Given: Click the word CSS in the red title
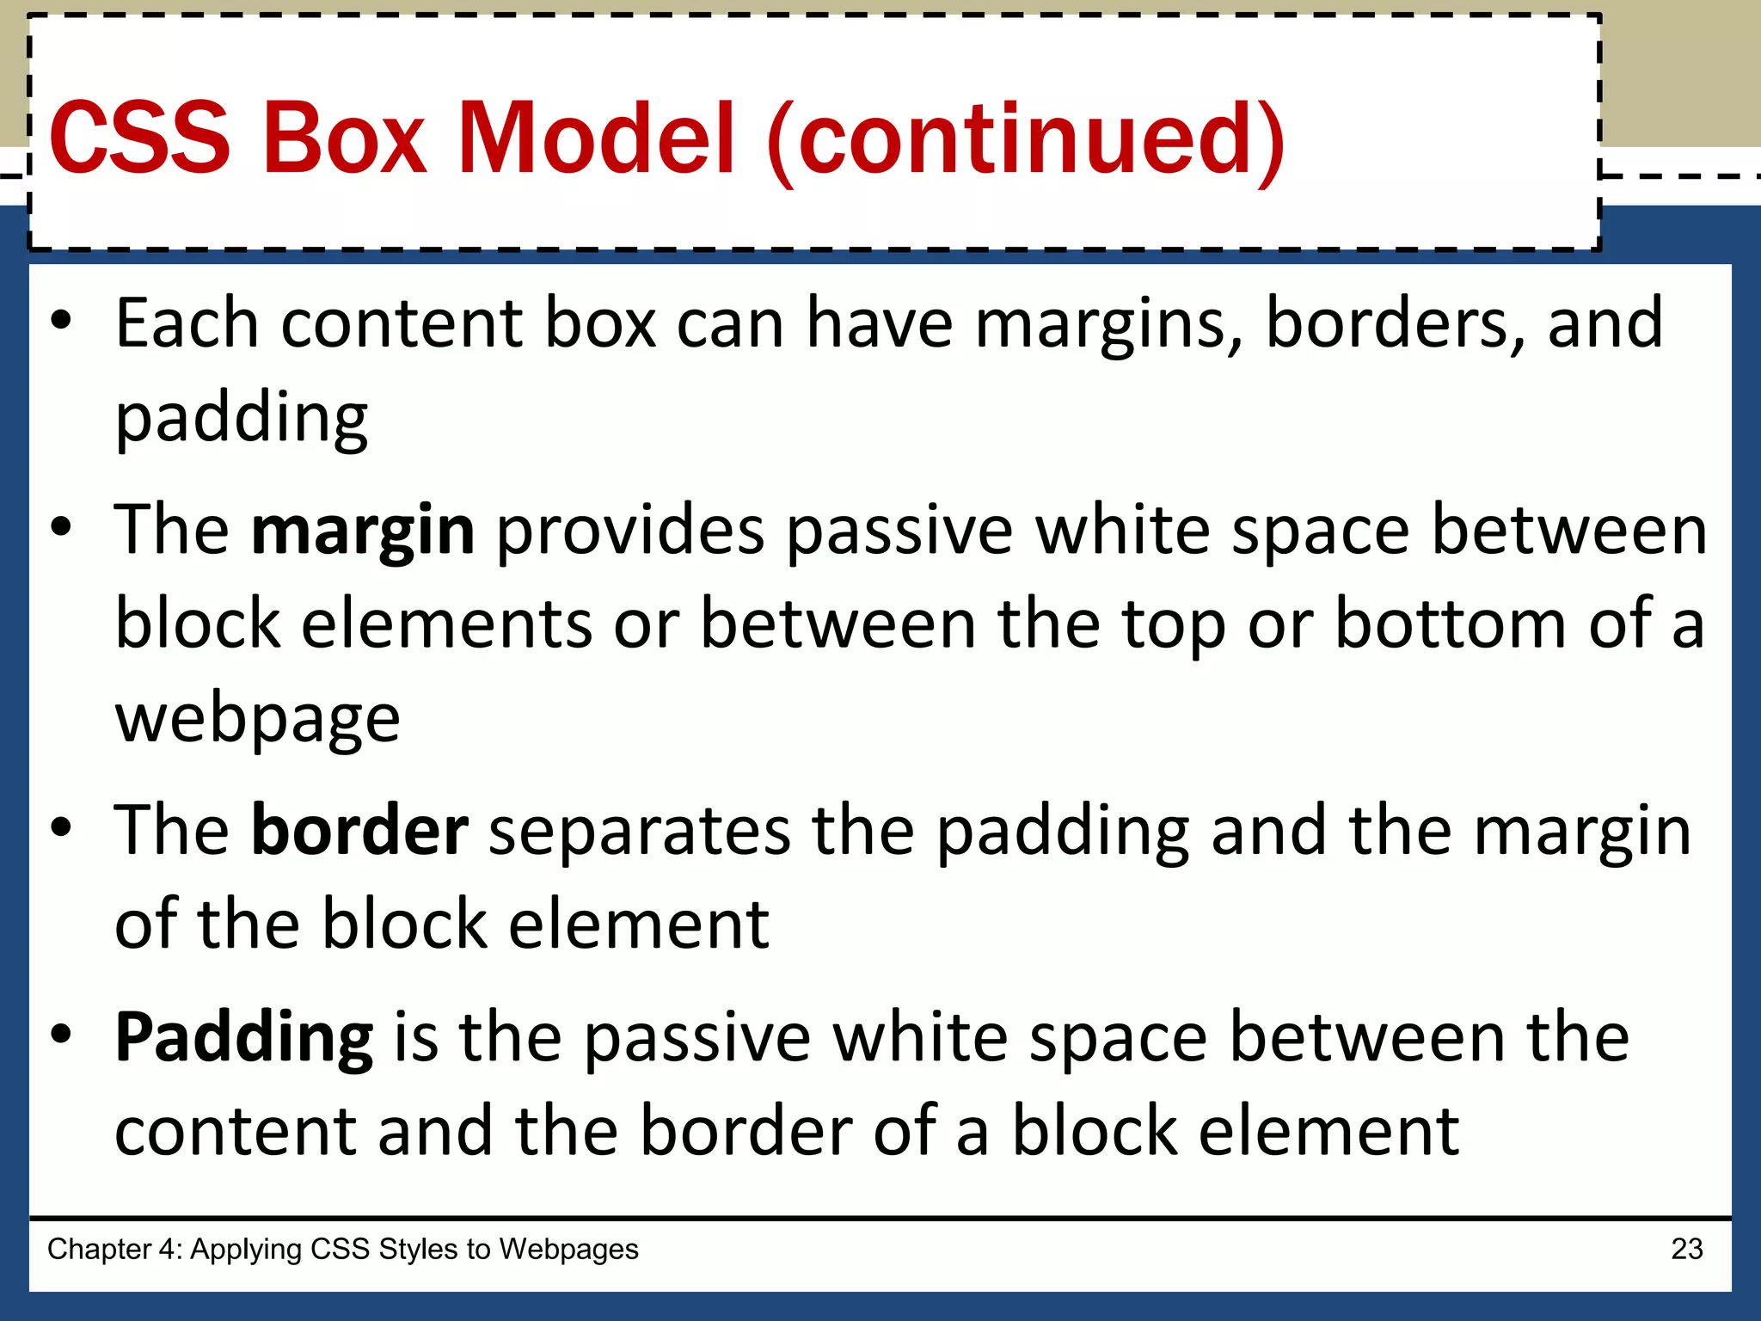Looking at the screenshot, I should tap(140, 138).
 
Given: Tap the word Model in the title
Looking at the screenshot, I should tap(596, 138).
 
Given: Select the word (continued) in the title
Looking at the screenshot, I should tap(1026, 139).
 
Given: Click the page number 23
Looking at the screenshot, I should tap(1686, 1249).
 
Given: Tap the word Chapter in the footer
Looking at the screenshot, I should tap(99, 1249).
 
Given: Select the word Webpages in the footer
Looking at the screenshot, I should tap(568, 1249).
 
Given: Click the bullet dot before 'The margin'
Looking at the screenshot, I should tap(61, 527).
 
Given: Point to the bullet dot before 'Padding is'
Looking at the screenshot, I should tap(61, 1034).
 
